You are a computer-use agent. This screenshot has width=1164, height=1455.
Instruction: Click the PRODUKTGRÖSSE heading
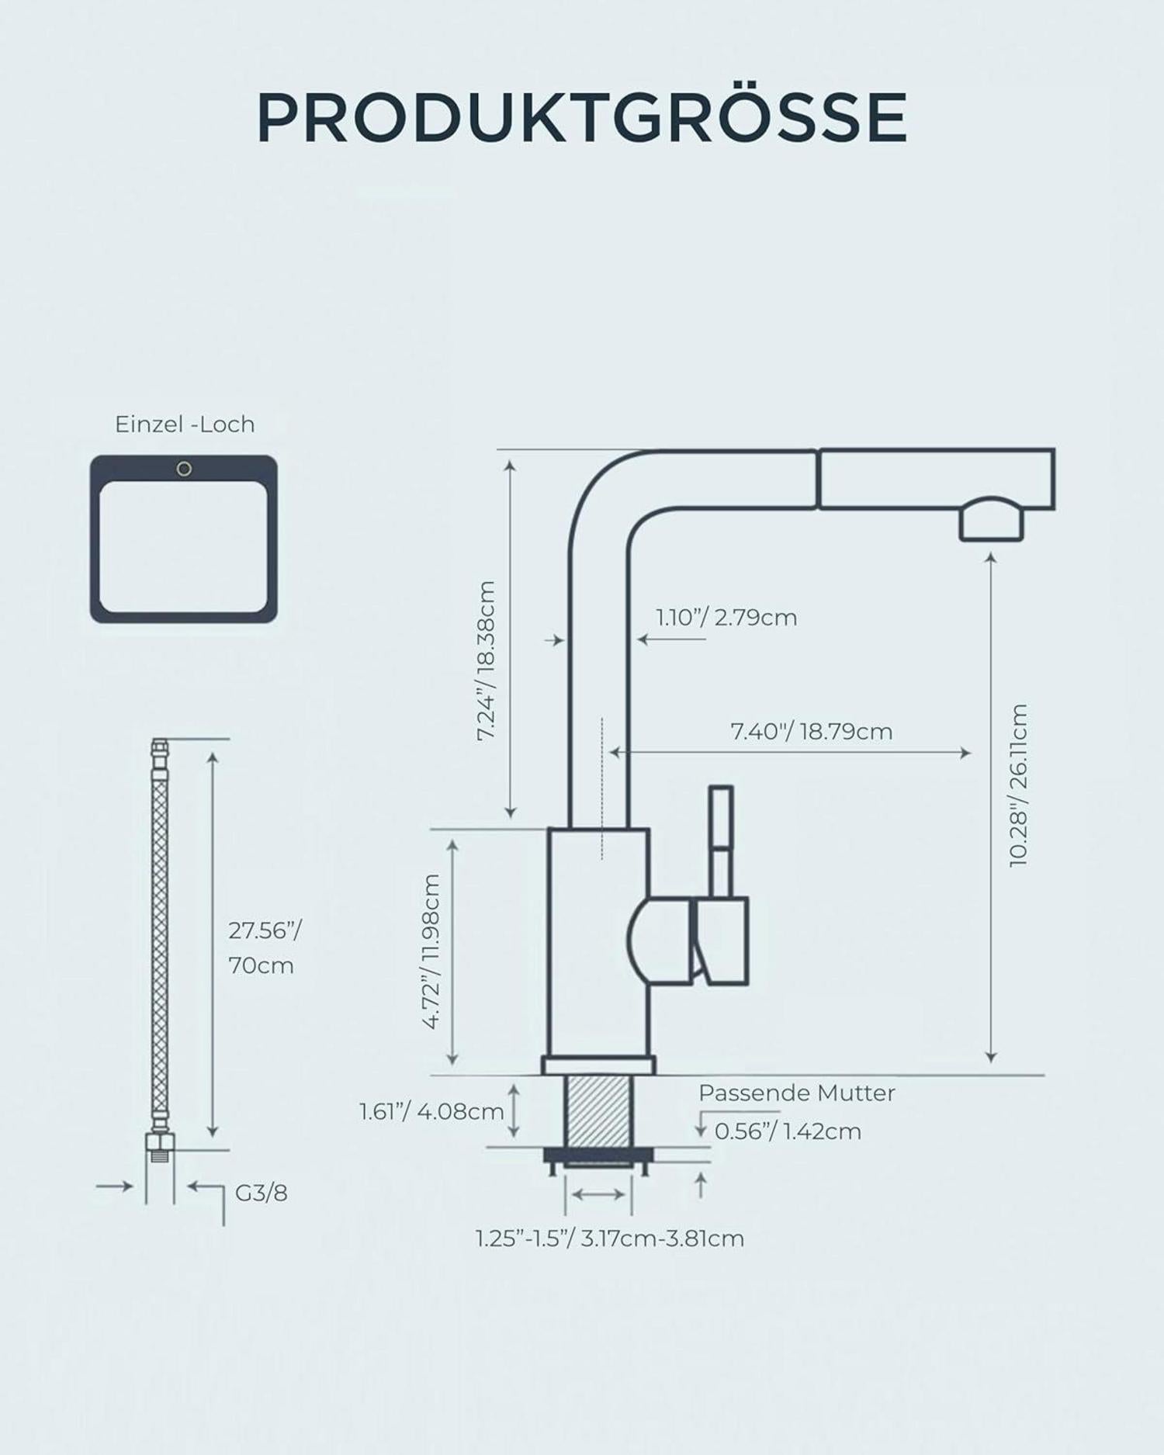click(x=581, y=118)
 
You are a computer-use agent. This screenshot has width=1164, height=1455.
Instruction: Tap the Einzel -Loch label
click(x=185, y=424)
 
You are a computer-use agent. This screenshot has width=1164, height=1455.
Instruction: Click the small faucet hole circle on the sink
click(x=184, y=469)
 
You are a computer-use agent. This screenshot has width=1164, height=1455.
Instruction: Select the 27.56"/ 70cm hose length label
click(x=264, y=947)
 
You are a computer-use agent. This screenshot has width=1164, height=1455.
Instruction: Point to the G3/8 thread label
click(x=262, y=1193)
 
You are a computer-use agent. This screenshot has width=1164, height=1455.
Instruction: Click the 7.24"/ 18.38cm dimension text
click(x=486, y=661)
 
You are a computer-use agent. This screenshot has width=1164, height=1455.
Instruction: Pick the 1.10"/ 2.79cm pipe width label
click(x=726, y=618)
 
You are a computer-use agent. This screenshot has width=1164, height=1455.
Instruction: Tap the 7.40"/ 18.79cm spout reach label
click(x=812, y=731)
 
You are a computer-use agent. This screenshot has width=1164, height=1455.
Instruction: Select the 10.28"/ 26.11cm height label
click(x=1018, y=785)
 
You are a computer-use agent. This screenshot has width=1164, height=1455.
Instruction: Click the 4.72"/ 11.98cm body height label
click(x=431, y=951)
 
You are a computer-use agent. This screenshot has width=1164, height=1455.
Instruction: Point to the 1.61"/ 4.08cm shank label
click(x=431, y=1111)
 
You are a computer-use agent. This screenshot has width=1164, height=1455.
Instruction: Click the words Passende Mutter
click(x=796, y=1093)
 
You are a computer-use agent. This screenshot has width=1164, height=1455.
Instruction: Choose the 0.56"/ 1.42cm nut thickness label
click(x=788, y=1131)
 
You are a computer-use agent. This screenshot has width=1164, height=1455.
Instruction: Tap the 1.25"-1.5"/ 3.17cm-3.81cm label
click(x=610, y=1238)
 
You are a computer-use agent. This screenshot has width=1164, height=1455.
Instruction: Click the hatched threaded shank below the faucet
click(x=599, y=1111)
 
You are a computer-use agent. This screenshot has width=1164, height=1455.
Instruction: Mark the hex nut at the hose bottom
click(x=160, y=1141)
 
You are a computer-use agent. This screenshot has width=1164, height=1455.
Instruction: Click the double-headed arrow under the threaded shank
click(x=598, y=1194)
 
